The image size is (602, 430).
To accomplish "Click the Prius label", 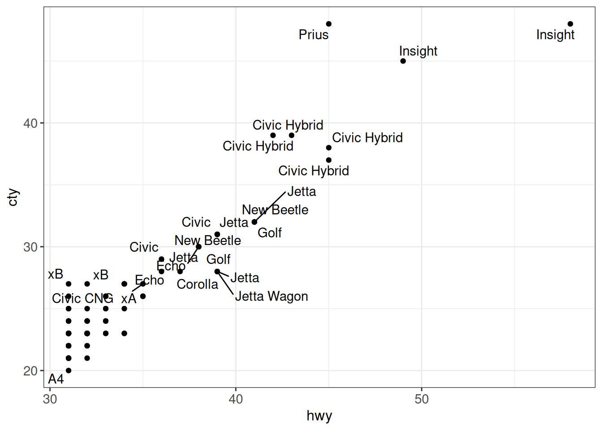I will coord(314,35).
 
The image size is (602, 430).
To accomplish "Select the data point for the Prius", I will coord(329,24).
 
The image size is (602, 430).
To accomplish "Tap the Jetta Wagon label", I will coord(271,297).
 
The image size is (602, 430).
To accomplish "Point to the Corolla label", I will coord(197,284).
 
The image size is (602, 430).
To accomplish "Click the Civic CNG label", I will coord(82,299).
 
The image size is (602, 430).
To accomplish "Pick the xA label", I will coord(129,299).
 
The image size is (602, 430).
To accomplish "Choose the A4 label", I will coord(56,379).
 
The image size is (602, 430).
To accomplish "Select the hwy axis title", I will coord(319,416).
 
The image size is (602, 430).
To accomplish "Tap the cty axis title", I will coord(13,197).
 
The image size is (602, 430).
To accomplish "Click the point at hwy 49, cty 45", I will coord(403,61).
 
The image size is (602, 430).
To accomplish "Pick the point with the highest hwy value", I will coord(570,24).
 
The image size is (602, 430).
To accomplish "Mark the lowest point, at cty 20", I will coord(69,370).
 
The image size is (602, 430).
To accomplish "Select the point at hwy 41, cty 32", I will coord(254,222).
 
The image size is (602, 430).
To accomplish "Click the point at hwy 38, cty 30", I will coord(199,247).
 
